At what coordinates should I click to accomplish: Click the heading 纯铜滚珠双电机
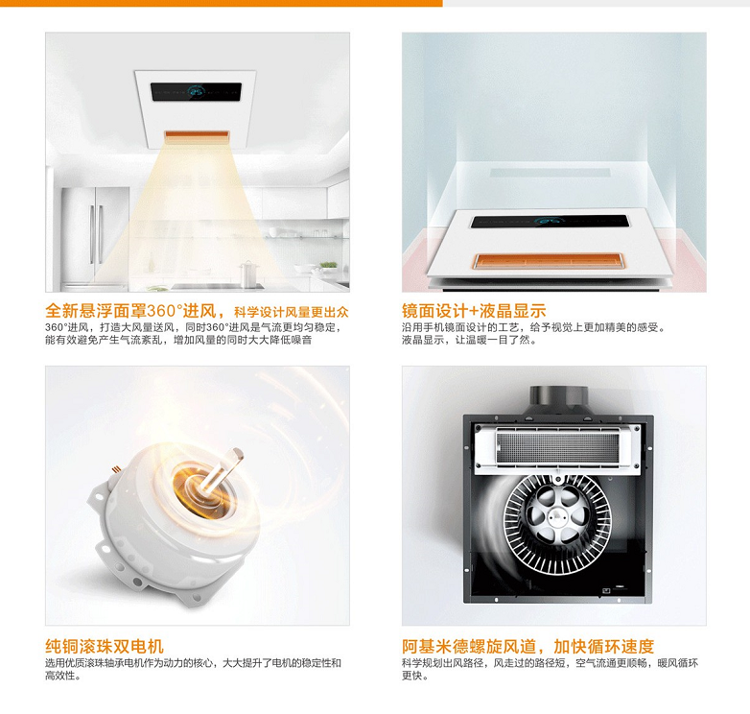pos(105,647)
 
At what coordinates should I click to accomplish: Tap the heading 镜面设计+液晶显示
pos(474,311)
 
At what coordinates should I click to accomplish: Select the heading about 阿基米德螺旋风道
pos(527,647)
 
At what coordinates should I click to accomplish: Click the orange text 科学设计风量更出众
pos(291,313)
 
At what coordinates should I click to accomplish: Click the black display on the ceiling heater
pos(196,91)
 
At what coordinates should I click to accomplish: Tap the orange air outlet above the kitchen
pos(197,135)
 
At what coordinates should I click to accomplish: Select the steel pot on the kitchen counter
pos(248,274)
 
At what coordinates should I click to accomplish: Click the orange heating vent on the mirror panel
pos(550,261)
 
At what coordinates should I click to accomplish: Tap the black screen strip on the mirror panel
pos(550,221)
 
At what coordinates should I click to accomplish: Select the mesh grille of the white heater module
pos(557,446)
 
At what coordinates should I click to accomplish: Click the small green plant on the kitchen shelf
pos(328,265)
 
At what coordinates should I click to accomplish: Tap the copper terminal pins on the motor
pos(115,471)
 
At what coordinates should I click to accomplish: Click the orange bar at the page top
pos(221,3)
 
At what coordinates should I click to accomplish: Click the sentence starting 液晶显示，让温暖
pos(469,341)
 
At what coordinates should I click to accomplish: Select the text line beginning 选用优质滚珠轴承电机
pos(193,663)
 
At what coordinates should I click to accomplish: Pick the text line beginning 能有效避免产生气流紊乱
pos(178,341)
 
